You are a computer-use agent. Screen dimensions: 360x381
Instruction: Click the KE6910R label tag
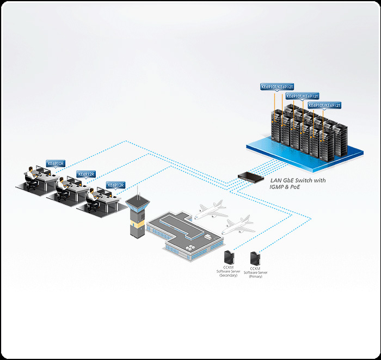pyautogui.click(x=56, y=163)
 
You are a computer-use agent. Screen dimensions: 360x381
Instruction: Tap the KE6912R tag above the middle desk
pyautogui.click(x=86, y=174)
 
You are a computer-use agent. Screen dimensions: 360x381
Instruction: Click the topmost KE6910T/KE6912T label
pyautogui.click(x=277, y=87)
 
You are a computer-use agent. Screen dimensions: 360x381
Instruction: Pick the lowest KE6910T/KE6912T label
pyautogui.click(x=324, y=105)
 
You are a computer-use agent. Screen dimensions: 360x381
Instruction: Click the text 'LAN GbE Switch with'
pyautogui.click(x=298, y=180)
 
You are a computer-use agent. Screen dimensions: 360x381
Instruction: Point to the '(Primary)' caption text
pyautogui.click(x=255, y=277)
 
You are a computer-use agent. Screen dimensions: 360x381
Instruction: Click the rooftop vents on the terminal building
pyautogui.click(x=192, y=247)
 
